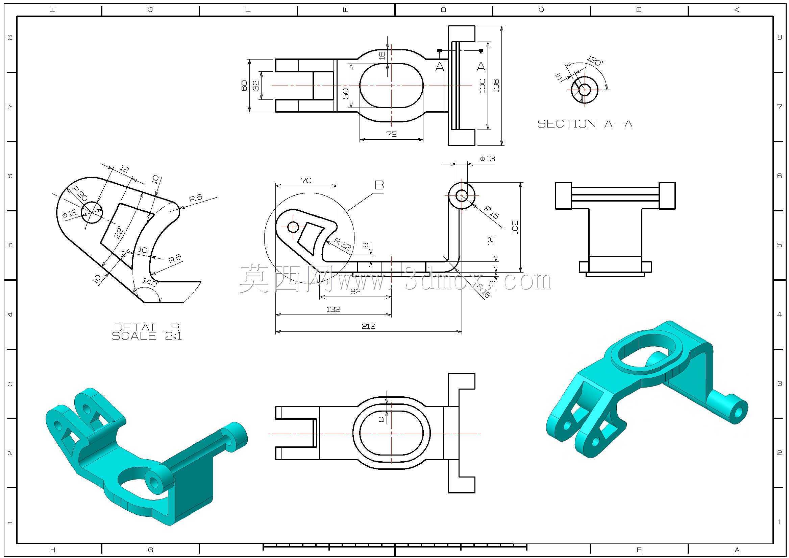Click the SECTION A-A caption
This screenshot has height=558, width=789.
pyautogui.click(x=585, y=124)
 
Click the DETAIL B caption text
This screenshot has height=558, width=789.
pyautogui.click(x=147, y=327)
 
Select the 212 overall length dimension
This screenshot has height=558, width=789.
pyautogui.click(x=368, y=326)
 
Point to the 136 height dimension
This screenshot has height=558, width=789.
pyautogui.click(x=496, y=85)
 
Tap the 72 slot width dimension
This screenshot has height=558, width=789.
pyautogui.click(x=391, y=134)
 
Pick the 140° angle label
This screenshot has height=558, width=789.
pyautogui.click(x=150, y=282)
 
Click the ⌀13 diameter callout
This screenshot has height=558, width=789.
pyautogui.click(x=487, y=159)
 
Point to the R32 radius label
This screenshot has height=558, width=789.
pyautogui.click(x=343, y=243)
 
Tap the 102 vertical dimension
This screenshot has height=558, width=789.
pyautogui.click(x=515, y=228)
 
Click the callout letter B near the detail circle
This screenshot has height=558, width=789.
pyautogui.click(x=379, y=185)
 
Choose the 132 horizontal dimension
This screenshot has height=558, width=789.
pyautogui.click(x=333, y=309)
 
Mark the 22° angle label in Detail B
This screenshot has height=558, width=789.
pyautogui.click(x=118, y=232)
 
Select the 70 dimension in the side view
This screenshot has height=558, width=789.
pyautogui.click(x=306, y=180)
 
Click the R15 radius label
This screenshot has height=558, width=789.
pyautogui.click(x=491, y=212)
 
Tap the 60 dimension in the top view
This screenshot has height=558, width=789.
pyautogui.click(x=244, y=85)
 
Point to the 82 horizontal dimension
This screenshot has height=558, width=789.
pyautogui.click(x=355, y=292)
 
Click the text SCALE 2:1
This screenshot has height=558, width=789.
pyautogui.click(x=147, y=336)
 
